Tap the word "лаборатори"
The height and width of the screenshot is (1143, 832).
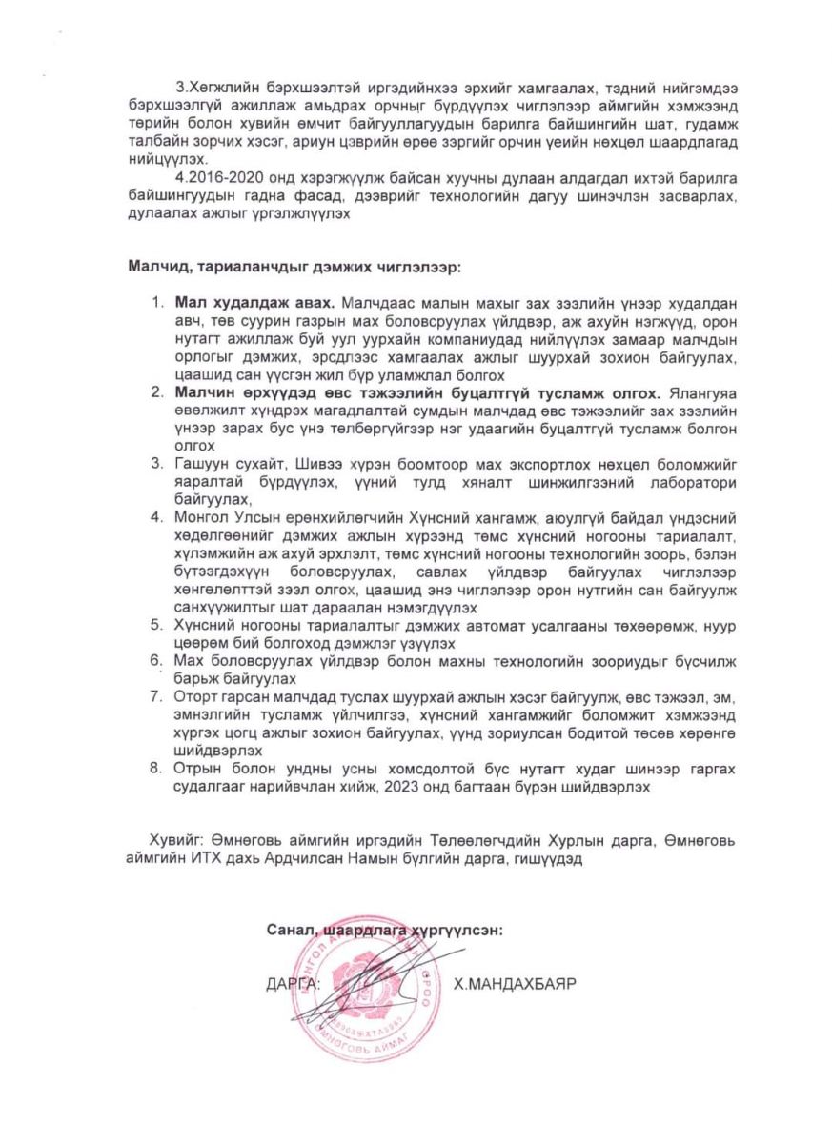(693, 482)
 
